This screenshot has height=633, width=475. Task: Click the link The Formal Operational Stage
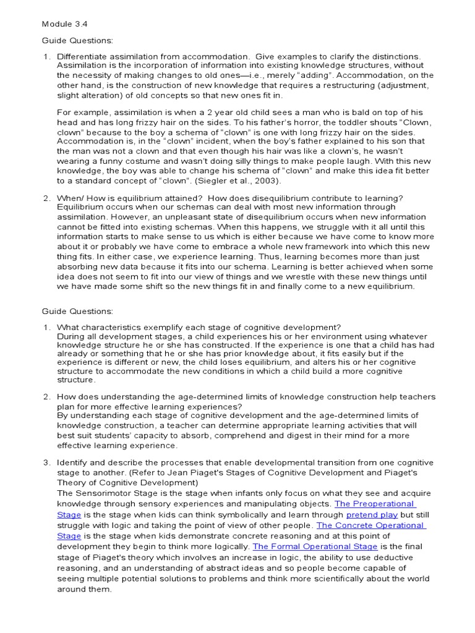point(315,546)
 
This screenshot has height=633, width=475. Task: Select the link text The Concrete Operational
point(370,525)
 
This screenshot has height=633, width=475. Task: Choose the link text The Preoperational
point(374,503)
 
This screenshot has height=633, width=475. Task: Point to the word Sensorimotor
point(111,493)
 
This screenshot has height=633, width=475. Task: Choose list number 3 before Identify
point(46,462)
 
